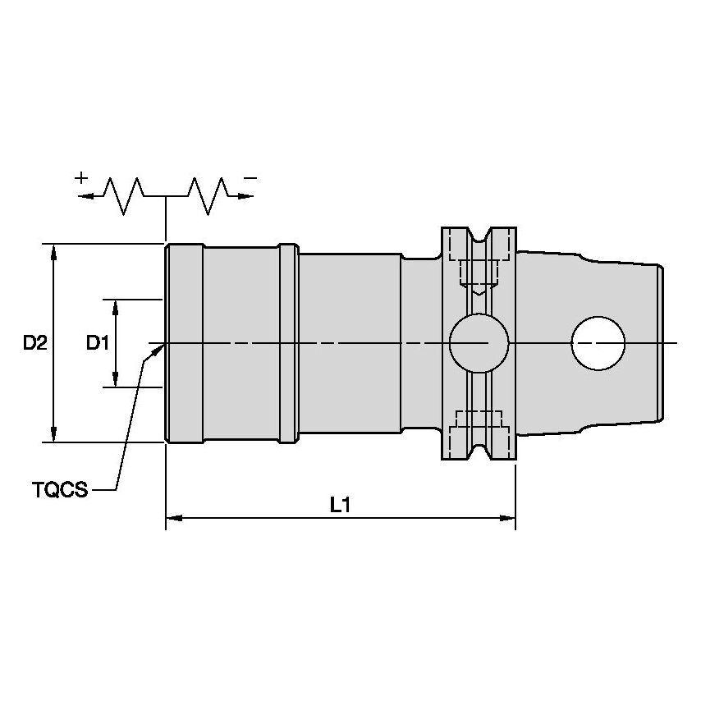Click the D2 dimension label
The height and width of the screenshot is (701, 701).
click(34, 343)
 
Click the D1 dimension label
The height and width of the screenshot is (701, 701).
click(98, 343)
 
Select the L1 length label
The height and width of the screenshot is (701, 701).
click(341, 506)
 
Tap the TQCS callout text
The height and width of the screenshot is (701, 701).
click(61, 490)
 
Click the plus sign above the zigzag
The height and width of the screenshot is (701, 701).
click(81, 177)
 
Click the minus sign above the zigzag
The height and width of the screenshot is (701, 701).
click(251, 177)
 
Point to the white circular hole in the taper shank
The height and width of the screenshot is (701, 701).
click(598, 342)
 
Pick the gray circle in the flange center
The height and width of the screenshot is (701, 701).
click(479, 342)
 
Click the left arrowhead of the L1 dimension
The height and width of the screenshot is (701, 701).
click(173, 519)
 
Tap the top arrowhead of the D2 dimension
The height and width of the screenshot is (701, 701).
click(54, 251)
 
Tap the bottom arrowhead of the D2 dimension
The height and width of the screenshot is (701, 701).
click(54, 435)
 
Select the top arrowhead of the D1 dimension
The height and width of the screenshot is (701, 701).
click(116, 306)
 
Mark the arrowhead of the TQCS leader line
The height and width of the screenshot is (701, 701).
click(158, 350)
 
